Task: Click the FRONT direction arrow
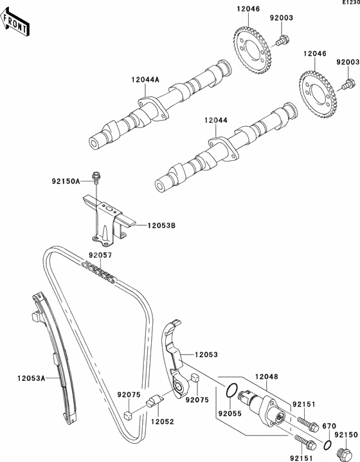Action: [x=14, y=22]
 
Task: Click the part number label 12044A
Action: [x=145, y=79]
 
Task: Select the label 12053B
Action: [x=161, y=225]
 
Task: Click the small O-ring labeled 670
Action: [x=327, y=445]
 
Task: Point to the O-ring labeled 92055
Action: [x=231, y=390]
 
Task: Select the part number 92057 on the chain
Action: [x=100, y=255]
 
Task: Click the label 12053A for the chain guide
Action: [x=32, y=378]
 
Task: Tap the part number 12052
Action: [x=163, y=421]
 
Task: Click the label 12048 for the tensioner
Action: [x=266, y=376]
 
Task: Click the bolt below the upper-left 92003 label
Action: [x=282, y=41]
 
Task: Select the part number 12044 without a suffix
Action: [x=216, y=120]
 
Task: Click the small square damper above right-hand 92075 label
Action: [x=195, y=378]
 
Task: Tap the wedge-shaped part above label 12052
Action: [x=154, y=401]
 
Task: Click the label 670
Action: [x=329, y=426]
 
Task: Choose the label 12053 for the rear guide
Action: [x=206, y=355]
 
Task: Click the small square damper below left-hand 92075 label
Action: [x=128, y=415]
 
